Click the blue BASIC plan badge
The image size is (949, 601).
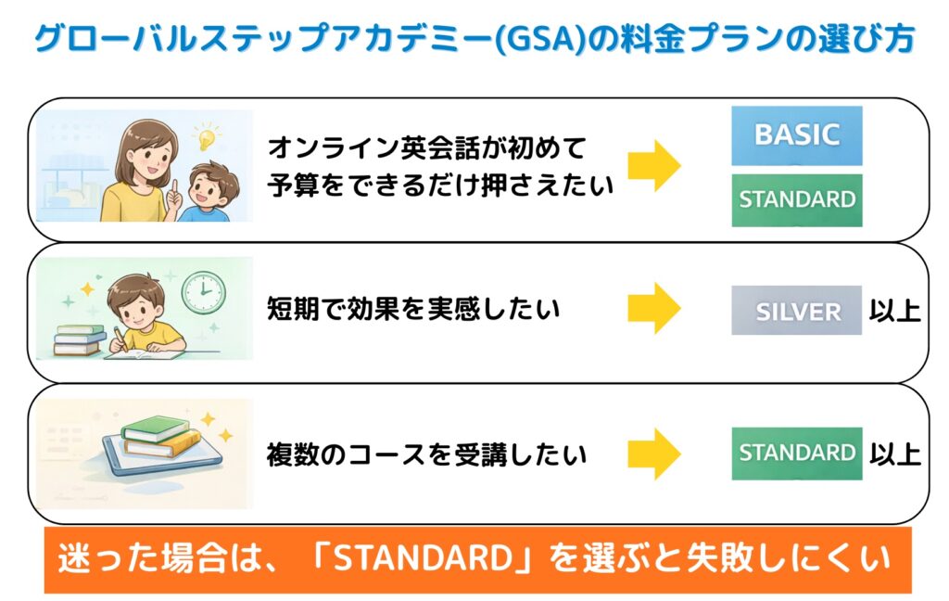pos(796,135)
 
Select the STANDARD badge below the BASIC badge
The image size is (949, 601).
pos(796,199)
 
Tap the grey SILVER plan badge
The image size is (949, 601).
pos(796,311)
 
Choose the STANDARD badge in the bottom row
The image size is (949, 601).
pos(796,454)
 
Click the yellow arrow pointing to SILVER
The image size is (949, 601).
pos(654,308)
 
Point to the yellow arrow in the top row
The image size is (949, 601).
pos(654,166)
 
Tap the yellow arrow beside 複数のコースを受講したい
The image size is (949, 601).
pos(654,454)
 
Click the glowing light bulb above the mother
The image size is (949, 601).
pos(204,139)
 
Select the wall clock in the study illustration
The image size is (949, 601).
pos(201,292)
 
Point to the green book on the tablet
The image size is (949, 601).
pos(155,428)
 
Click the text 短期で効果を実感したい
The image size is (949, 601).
pos(412,309)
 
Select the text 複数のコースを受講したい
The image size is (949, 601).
pos(426,454)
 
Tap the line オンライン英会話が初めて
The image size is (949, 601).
pos(427,147)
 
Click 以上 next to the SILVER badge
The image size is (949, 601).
pos(894,311)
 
